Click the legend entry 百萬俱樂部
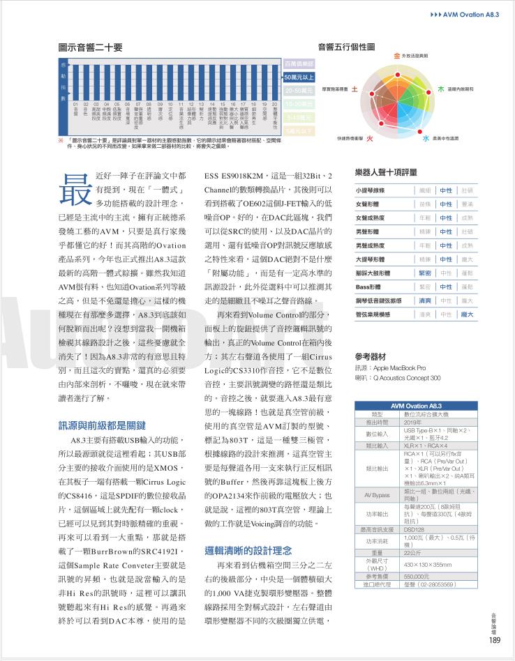tap(299, 64)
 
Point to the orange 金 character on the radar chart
tap(397, 54)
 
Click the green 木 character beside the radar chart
tap(440, 89)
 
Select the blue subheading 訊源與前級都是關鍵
tap(102, 425)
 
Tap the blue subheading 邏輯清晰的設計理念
tap(248, 550)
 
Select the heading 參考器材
tap(373, 356)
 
